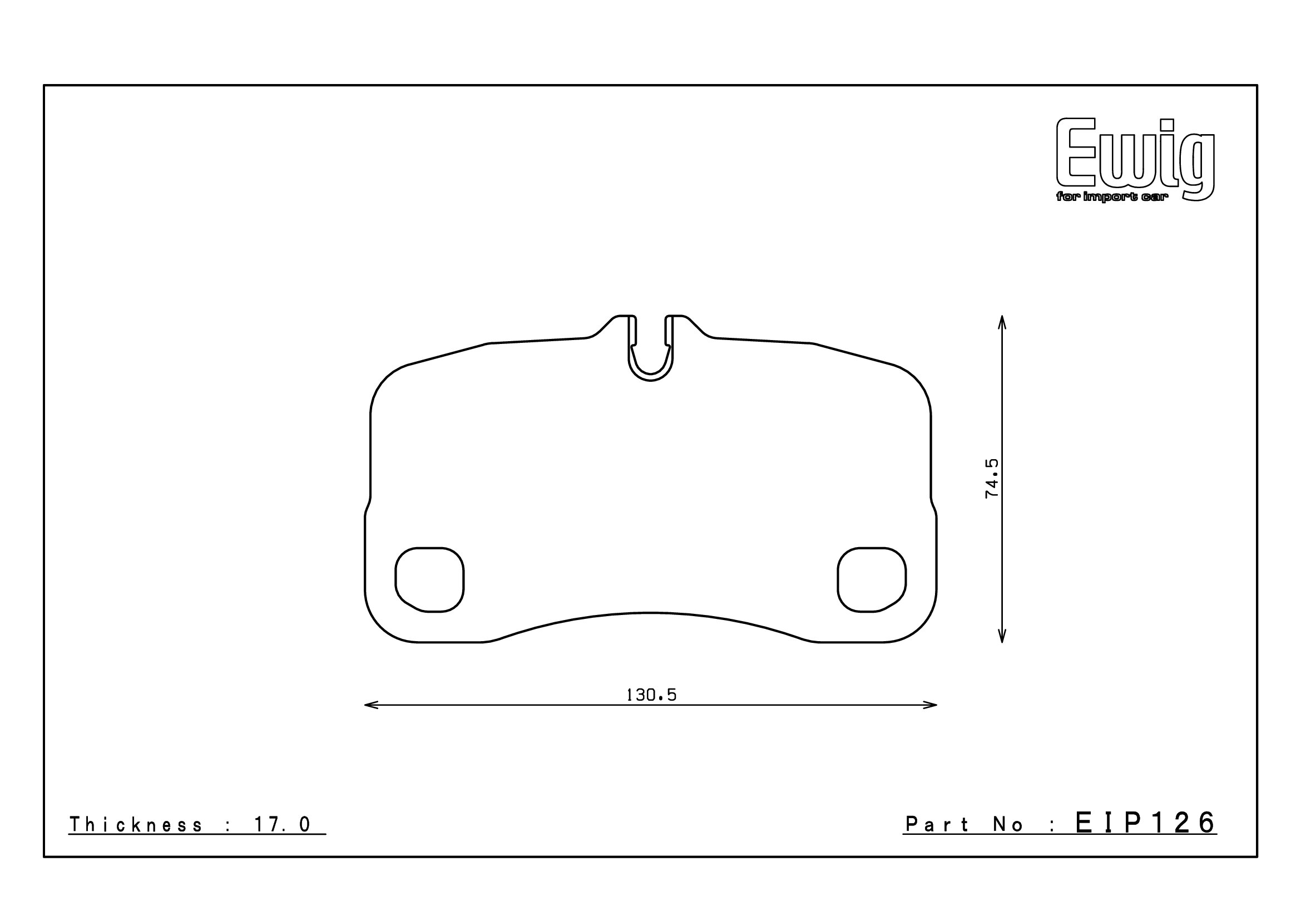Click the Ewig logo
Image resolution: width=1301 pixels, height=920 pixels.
pos(1135,159)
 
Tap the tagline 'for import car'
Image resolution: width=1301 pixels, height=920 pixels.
pos(1111,197)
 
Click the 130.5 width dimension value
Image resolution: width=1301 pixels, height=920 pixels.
pos(651,695)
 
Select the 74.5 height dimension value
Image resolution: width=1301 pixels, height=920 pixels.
pos(992,479)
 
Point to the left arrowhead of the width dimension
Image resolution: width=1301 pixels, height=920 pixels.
pos(370,705)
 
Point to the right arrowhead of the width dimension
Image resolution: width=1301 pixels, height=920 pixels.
pos(930,705)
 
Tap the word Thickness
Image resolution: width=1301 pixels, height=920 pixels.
pos(135,825)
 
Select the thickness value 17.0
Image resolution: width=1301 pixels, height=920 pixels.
pos(282,825)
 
